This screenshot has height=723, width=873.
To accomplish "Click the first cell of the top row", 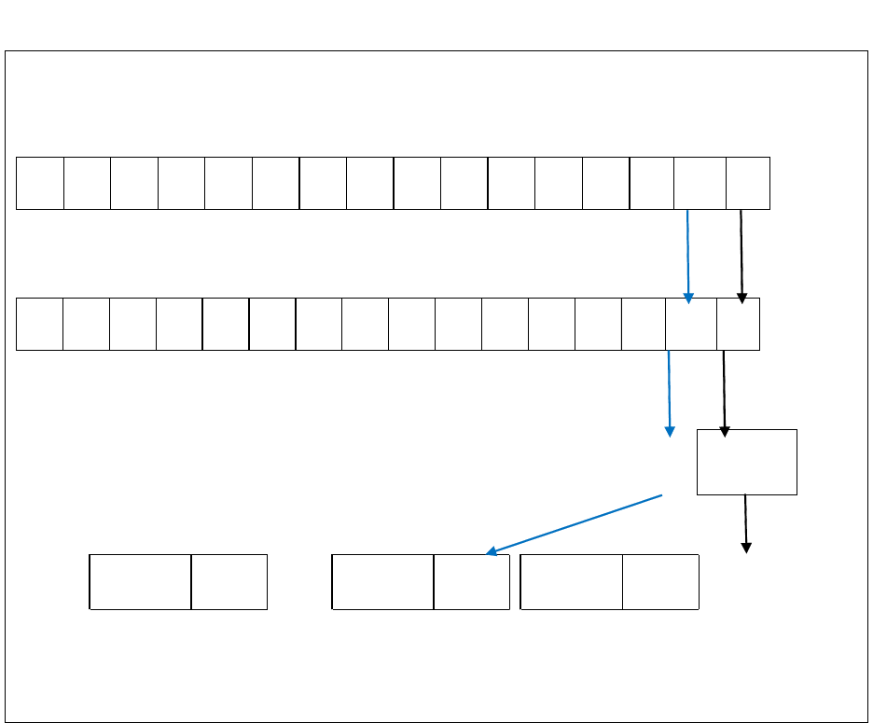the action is [x=40, y=183].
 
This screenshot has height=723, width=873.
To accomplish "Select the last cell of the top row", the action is [x=748, y=183].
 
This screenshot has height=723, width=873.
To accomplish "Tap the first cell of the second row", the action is [x=39, y=325].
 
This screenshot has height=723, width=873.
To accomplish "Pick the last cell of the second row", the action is [x=738, y=325].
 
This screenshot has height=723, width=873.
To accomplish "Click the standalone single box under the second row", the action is [x=747, y=462].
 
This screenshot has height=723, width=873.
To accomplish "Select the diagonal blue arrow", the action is [x=574, y=524].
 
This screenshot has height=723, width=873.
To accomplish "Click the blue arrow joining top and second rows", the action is [x=688, y=255].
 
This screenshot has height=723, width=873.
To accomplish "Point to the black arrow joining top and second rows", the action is [x=741, y=255].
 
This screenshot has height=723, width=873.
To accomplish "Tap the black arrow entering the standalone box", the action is [x=724, y=392].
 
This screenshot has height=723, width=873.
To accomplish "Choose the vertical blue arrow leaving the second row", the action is [x=669, y=392].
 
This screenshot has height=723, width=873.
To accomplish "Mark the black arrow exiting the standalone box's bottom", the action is [x=745, y=522].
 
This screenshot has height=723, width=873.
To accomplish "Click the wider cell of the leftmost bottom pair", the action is [x=141, y=581].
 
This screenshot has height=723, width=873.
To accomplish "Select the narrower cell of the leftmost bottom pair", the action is [x=229, y=581].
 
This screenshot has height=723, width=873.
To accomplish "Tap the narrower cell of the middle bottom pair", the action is [x=472, y=581].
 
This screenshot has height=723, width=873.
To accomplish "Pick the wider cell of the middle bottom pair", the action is [x=383, y=581].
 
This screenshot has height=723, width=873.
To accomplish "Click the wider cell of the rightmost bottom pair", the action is [x=572, y=581].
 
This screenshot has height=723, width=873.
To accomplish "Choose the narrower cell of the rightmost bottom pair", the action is [x=660, y=581].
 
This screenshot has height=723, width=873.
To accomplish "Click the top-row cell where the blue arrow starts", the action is [x=700, y=183].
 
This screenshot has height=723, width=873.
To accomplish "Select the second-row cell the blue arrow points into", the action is [x=691, y=325].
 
